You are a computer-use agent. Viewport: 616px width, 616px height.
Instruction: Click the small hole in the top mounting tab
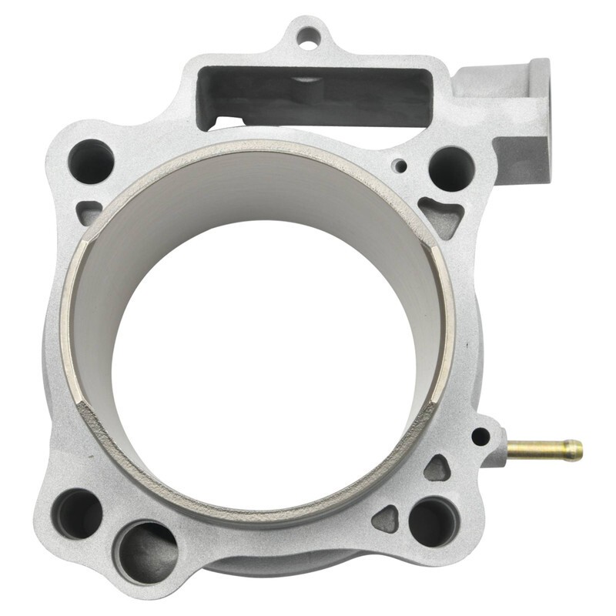coord(307,35)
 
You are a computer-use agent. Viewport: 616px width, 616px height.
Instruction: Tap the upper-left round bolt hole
coord(91,161)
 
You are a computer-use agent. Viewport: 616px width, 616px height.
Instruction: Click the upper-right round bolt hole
coord(451,168)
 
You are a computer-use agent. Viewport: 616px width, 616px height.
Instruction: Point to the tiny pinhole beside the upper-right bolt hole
coord(399,166)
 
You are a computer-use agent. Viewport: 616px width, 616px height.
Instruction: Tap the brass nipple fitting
coord(543,450)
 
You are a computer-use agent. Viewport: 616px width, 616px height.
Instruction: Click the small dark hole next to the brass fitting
coord(480,437)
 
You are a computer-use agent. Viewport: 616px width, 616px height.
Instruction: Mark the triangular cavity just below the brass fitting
coord(437,468)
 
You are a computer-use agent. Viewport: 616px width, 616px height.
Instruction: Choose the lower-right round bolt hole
coord(433,521)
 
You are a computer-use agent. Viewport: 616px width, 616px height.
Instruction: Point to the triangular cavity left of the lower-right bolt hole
coord(385,519)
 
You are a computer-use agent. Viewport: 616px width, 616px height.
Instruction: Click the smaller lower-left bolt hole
coord(77,513)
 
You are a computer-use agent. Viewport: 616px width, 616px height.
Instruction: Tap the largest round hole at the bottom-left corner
coord(146,551)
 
